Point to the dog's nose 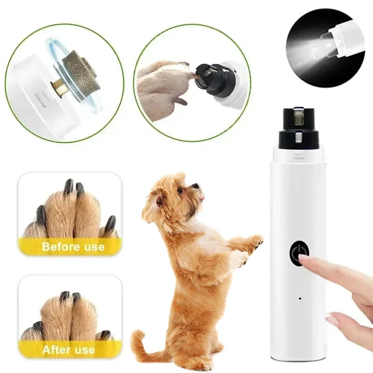(202, 186)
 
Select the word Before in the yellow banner (60, 246)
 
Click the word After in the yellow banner (55, 349)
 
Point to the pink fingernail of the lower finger (332, 320)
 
